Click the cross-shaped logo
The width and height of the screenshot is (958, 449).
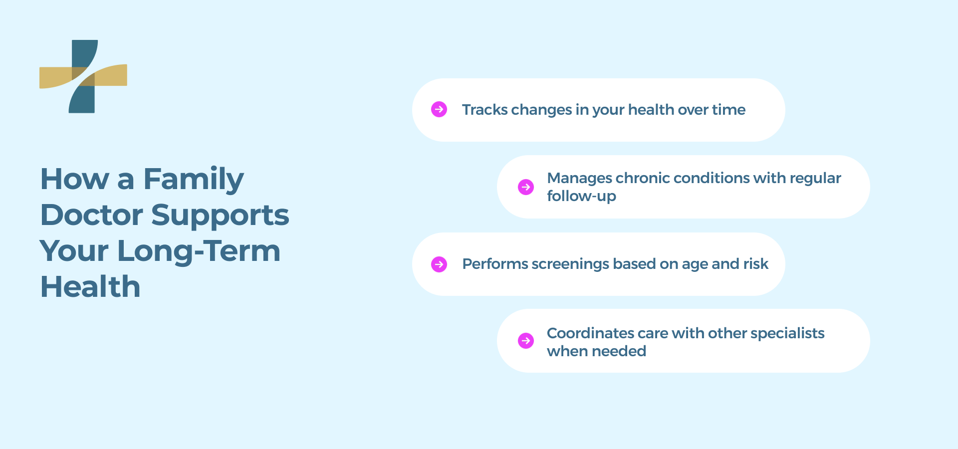83,76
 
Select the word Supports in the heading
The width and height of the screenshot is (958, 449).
220,215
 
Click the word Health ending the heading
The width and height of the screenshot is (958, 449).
90,287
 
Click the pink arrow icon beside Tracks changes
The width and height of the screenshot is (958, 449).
439,109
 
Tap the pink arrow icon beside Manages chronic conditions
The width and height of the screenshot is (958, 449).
526,187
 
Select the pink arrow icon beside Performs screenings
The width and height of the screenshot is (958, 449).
439,264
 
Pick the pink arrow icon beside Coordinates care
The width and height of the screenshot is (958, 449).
526,341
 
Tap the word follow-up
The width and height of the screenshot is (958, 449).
581,196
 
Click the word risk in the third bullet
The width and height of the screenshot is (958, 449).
755,264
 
